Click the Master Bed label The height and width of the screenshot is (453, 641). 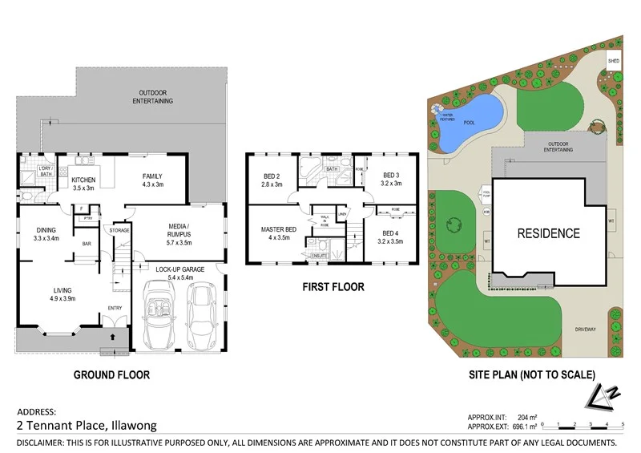pos(279,233)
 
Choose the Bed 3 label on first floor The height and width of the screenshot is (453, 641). pos(390,180)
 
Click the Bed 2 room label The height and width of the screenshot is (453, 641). pos(271,180)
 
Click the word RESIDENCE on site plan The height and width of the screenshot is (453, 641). pos(547,234)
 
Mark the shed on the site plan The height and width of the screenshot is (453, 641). pos(614,61)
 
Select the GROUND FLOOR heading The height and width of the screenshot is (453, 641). pos(111,374)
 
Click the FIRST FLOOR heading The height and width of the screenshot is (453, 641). pos(333,286)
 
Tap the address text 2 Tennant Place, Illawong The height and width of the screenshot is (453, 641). pos(87,426)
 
